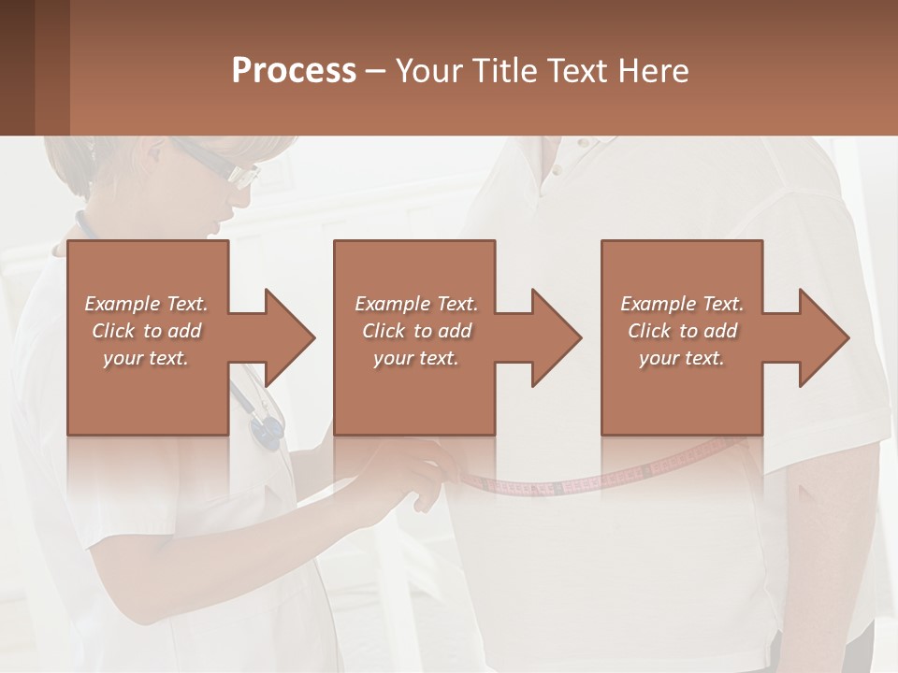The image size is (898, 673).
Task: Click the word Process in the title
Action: [293, 70]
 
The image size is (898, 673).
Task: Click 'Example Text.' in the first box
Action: [146, 304]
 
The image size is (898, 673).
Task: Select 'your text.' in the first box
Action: [146, 358]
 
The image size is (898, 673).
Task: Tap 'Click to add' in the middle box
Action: [416, 331]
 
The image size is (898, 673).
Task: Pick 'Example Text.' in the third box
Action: [682, 304]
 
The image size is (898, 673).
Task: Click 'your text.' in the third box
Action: [682, 358]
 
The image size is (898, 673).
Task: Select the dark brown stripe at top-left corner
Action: [17, 67]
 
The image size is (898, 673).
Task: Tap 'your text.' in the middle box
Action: [416, 358]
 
